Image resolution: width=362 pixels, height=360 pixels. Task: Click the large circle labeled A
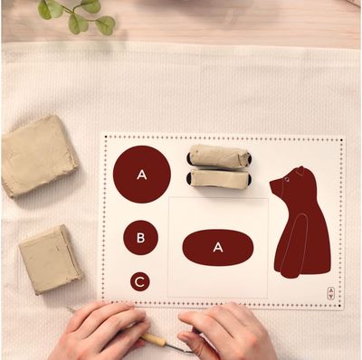coord(142,175)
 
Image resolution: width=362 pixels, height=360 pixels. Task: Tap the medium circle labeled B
coord(140,238)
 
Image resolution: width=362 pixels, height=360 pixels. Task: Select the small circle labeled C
coord(139,282)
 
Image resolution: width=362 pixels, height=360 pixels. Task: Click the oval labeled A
coord(218,247)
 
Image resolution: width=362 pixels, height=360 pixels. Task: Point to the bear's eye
coord(286,180)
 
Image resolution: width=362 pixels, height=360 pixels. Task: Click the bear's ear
coord(300,171)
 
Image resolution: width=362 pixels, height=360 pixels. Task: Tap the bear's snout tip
coord(271,182)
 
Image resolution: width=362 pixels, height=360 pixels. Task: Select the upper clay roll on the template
coord(219,156)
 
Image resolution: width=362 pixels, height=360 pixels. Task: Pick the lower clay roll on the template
coord(220,179)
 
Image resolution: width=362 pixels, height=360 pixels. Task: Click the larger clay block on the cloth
coord(39,156)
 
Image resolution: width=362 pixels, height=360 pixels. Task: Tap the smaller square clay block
coord(50,260)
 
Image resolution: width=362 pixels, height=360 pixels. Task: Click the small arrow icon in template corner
coord(331,293)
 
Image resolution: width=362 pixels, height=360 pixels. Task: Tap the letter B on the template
coord(140,238)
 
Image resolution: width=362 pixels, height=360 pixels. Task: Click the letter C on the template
coord(139,282)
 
